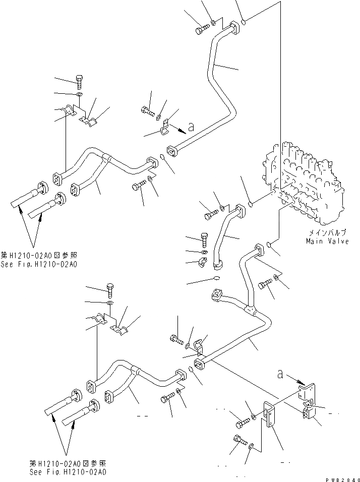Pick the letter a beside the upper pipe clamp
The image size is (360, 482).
coord(191,127)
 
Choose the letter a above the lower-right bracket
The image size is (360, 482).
coord(280,374)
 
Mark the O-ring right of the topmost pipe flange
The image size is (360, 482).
coord(243,22)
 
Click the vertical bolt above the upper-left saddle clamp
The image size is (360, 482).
coord(80,81)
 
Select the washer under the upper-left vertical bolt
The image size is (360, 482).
coord(80,94)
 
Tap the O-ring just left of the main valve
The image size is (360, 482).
coord(251,204)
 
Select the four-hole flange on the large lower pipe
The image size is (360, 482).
coord(218,294)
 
